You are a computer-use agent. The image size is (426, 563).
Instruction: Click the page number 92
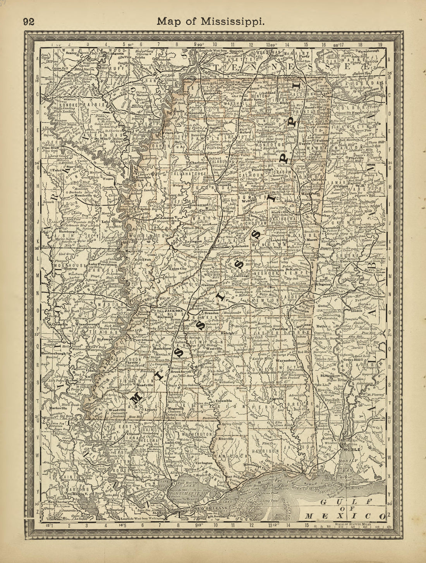[x=29, y=22]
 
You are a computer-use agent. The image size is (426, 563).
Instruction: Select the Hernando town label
[x=208, y=94]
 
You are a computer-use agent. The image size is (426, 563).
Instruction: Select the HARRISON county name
[x=264, y=451]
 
